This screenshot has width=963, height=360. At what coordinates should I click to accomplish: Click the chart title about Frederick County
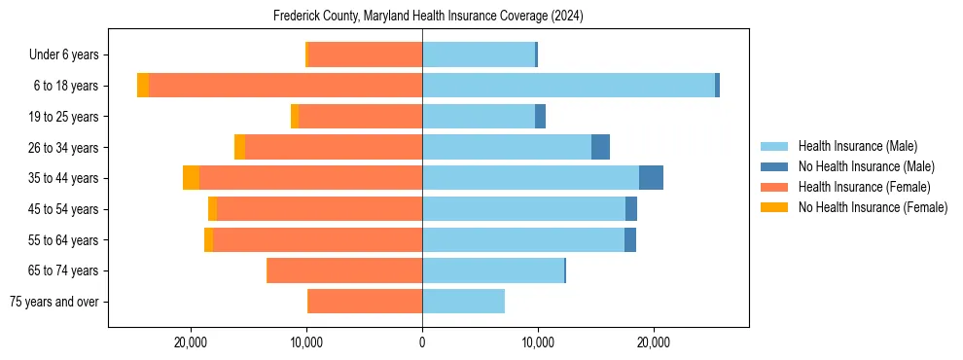pyautogui.click(x=422, y=17)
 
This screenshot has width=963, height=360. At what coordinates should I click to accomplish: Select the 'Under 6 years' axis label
pyautogui.click(x=69, y=54)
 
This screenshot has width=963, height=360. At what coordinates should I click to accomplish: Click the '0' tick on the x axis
pyautogui.click(x=422, y=342)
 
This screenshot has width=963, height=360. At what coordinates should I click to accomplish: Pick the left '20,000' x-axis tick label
pyautogui.click(x=191, y=342)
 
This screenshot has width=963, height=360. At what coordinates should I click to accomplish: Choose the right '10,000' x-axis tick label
pyautogui.click(x=538, y=342)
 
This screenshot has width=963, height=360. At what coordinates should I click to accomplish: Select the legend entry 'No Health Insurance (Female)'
pyautogui.click(x=873, y=207)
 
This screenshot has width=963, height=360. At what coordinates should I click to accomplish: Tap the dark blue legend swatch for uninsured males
pyautogui.click(x=774, y=166)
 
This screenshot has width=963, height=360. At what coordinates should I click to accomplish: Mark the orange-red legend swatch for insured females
pyautogui.click(x=774, y=187)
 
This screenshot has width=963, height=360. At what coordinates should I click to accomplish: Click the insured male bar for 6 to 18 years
pyautogui.click(x=568, y=86)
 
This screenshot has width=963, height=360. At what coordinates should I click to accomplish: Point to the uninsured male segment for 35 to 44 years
pyautogui.click(x=651, y=178)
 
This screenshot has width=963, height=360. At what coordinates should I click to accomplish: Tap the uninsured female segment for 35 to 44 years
pyautogui.click(x=191, y=178)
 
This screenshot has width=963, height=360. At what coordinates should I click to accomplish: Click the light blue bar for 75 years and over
pyautogui.click(x=463, y=302)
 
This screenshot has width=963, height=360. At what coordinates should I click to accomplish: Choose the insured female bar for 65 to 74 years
pyautogui.click(x=344, y=270)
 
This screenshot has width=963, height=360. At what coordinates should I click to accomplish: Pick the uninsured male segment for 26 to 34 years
pyautogui.click(x=600, y=147)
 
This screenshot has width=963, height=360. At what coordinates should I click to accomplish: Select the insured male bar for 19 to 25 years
pyautogui.click(x=479, y=117)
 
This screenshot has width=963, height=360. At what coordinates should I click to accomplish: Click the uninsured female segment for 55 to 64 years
pyautogui.click(x=208, y=239)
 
